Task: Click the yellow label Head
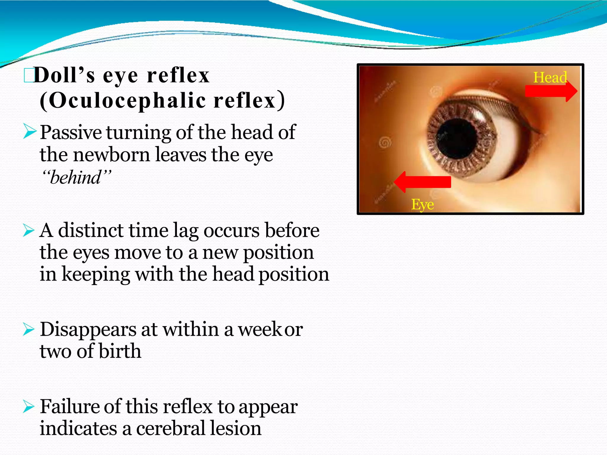550,78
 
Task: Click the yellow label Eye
422,204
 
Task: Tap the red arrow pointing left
422,182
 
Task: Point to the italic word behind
76,178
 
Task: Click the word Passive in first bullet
71,132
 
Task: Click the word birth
120,351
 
